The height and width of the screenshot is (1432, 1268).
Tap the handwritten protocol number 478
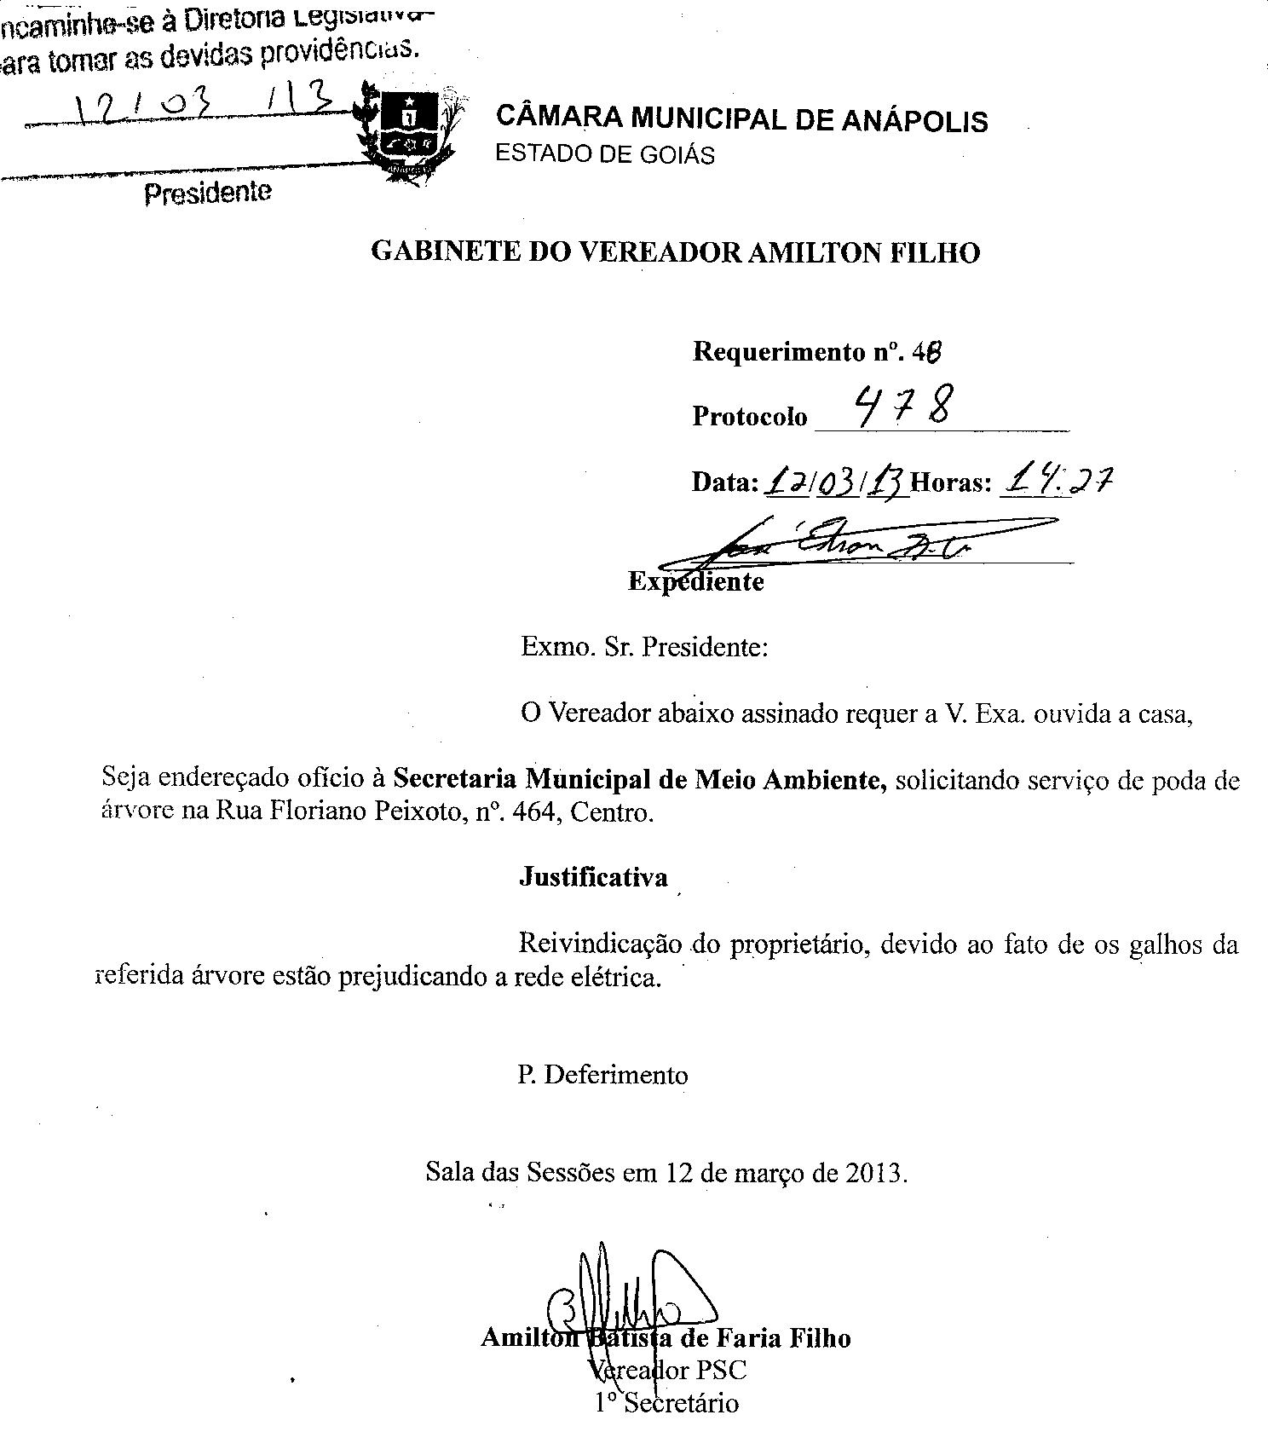pos(903,407)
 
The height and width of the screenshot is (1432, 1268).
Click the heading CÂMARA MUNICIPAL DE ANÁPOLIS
pos(741,119)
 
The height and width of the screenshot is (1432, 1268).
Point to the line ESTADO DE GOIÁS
pos(605,154)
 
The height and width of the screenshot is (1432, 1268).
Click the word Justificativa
pos(593,877)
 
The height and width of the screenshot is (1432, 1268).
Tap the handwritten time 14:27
pos(1057,482)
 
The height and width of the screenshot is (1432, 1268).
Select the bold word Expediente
pos(695,581)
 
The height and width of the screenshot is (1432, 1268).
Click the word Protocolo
pos(749,416)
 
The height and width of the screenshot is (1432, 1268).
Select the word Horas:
pos(951,482)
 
